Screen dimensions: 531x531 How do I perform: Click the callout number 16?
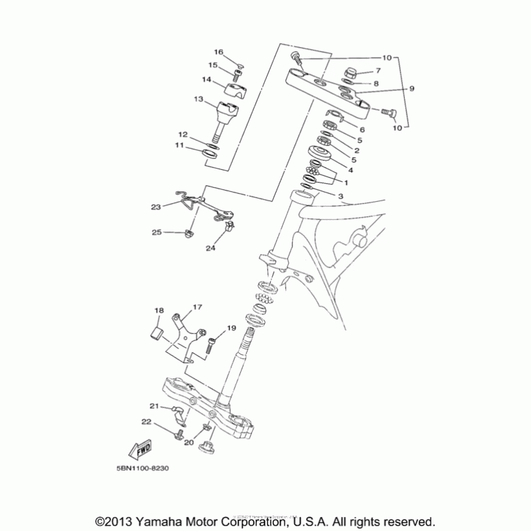click(x=219, y=52)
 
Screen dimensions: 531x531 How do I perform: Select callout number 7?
click(x=378, y=70)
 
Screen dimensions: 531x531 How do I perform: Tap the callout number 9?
click(x=412, y=88)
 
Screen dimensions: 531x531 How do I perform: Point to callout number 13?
click(x=198, y=99)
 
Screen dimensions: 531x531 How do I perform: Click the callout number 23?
click(x=156, y=207)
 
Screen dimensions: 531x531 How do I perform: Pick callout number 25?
click(x=157, y=232)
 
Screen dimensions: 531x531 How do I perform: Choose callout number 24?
click(x=210, y=248)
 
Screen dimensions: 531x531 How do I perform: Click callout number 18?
click(x=159, y=311)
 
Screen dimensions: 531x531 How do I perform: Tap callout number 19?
click(x=232, y=328)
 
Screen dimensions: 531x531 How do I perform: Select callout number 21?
click(x=154, y=406)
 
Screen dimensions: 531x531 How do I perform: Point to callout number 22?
click(x=146, y=422)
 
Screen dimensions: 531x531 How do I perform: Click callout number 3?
click(x=341, y=196)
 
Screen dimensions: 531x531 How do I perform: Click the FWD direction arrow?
click(x=141, y=451)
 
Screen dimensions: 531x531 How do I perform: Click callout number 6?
click(x=362, y=129)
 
